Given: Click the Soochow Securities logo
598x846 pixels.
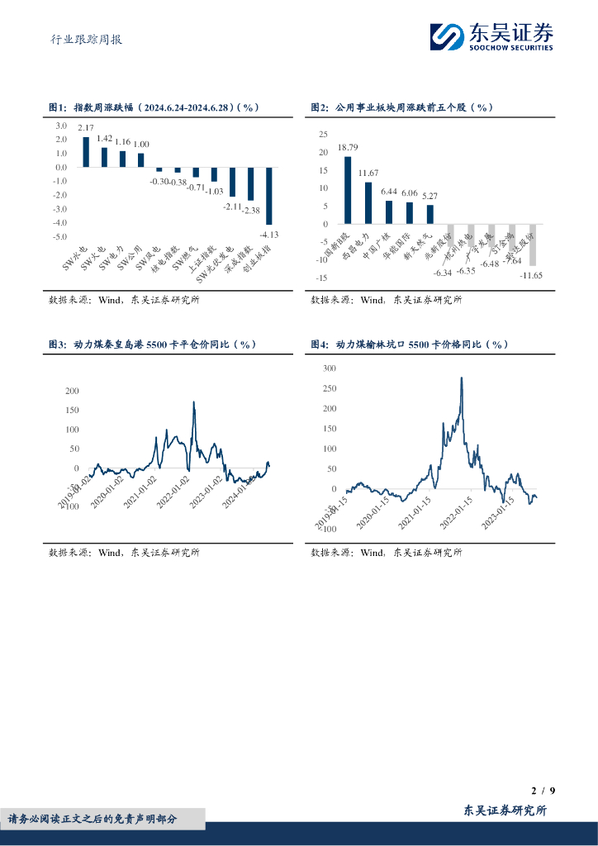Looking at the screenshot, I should coord(492,36).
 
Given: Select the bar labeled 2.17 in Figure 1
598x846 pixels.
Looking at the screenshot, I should coord(86,152).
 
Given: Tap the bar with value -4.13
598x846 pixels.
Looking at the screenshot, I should coord(268,201).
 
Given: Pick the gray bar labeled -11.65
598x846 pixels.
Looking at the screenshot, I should coord(532,245).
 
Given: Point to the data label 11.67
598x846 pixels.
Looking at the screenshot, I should coord(368,173).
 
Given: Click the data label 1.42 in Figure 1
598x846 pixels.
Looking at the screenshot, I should coord(104,138).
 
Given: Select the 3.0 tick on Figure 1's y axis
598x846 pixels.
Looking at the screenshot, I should coord(61,126).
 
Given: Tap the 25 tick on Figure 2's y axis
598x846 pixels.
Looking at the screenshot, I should coord(323,135).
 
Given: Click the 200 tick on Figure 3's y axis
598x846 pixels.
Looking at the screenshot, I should coord(72,391).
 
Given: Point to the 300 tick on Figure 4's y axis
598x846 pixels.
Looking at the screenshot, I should coord(330,368).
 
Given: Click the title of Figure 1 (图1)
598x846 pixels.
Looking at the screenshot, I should coord(154,108).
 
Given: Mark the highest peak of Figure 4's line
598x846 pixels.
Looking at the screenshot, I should coord(461,378).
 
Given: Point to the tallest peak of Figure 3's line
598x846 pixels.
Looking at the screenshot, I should coord(193,402).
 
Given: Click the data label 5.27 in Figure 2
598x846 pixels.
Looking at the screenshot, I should coord(430,197).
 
